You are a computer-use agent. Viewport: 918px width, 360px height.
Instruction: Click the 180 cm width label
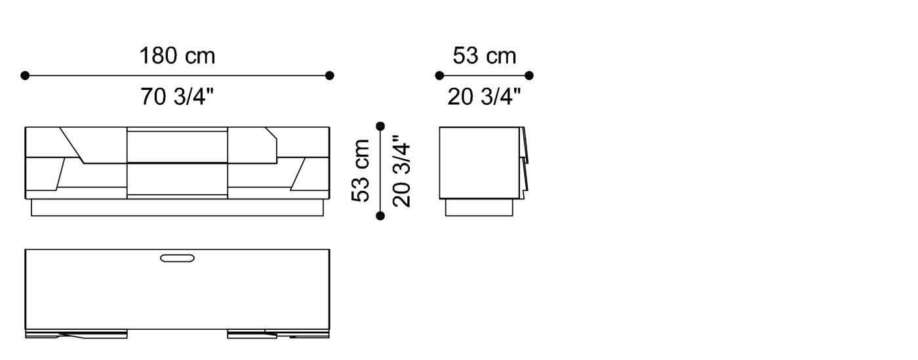[x=177, y=56]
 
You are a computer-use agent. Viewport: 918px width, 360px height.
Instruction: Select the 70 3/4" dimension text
[x=177, y=97]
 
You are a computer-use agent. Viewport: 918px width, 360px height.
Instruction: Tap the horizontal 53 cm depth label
[x=484, y=56]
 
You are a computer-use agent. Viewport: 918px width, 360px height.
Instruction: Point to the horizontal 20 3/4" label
[x=484, y=97]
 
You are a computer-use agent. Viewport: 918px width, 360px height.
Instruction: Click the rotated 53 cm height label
[x=361, y=170]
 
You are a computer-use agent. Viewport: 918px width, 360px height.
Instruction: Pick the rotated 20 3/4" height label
[x=401, y=170]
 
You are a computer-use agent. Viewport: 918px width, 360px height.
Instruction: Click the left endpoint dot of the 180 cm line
[x=25, y=75]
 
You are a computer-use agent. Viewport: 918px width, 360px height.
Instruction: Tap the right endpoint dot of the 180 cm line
[x=329, y=75]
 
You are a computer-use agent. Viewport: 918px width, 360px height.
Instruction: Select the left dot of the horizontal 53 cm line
[x=439, y=75]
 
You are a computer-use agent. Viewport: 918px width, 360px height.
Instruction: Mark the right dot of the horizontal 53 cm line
[x=529, y=75]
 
